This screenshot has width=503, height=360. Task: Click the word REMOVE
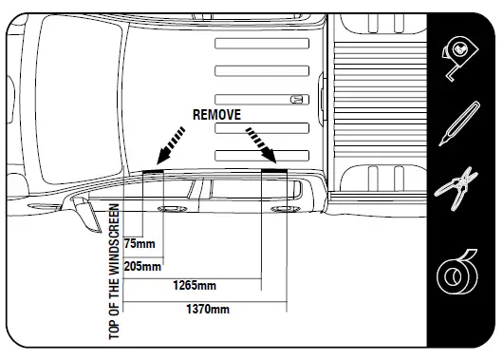pos(217,113)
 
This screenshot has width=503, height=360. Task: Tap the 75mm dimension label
pos(140,242)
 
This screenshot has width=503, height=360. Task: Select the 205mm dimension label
pos(143,266)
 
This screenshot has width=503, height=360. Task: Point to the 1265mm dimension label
pos(194,285)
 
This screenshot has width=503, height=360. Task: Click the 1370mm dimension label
pos(207,309)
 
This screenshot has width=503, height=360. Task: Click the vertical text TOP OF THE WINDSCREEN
pos(115,271)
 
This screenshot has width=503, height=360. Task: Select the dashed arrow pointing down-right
pos(263,145)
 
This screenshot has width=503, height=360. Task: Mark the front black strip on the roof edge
pos(153,171)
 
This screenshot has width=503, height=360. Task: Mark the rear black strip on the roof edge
pos(273,170)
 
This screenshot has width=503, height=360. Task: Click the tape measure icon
pos(462,59)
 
